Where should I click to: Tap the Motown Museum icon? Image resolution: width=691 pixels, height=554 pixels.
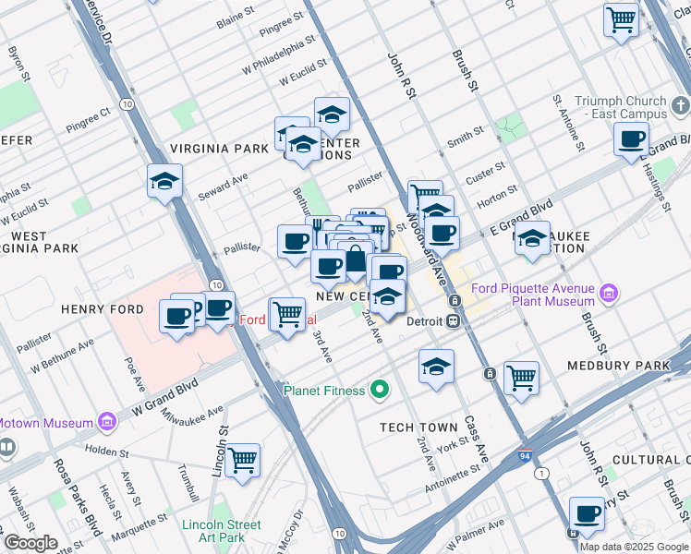pyautogui.click(x=106, y=423)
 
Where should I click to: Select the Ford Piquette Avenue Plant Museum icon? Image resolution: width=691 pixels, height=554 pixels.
pyautogui.click(x=608, y=295)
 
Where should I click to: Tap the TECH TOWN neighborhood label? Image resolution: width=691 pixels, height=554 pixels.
pyautogui.click(x=418, y=428)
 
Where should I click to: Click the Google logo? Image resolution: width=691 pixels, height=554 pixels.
pyautogui.click(x=30, y=543)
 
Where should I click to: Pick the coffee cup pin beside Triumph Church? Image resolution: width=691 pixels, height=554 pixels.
pyautogui.click(x=632, y=139)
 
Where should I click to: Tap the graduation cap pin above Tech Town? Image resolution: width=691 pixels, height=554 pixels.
pyautogui.click(x=436, y=366)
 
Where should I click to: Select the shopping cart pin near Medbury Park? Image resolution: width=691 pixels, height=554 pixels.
pyautogui.click(x=521, y=377)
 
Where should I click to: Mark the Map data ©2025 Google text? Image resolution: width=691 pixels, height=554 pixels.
pyautogui.click(x=634, y=546)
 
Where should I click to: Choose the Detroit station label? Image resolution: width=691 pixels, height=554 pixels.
pyautogui.click(x=425, y=321)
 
